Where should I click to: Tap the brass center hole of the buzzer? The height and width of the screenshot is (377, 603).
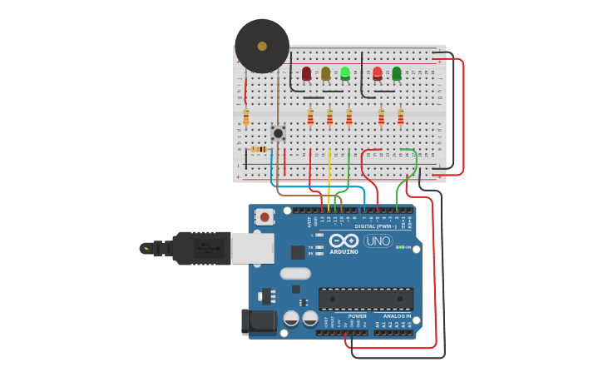[262, 46]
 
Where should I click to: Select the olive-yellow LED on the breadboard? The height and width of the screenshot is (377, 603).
[325, 74]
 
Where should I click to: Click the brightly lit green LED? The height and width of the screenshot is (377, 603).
[345, 73]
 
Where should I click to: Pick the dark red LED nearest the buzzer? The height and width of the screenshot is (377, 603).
[306, 74]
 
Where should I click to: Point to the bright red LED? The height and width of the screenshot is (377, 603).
[378, 74]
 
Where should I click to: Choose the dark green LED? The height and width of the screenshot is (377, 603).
[397, 74]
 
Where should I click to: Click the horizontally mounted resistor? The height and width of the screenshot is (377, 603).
[259, 150]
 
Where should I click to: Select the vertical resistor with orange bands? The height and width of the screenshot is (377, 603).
[246, 117]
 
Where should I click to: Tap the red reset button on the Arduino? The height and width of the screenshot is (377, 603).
[264, 217]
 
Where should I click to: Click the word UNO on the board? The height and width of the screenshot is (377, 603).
[378, 241]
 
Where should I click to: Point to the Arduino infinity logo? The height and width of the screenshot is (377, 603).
[344, 241]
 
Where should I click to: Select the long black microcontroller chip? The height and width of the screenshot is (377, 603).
[366, 299]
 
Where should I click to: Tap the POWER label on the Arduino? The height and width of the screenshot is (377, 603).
[357, 316]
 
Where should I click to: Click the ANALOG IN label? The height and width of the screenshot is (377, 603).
[397, 316]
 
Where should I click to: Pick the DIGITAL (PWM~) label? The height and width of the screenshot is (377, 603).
[376, 226]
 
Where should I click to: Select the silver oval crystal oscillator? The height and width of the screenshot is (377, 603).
[295, 273]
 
